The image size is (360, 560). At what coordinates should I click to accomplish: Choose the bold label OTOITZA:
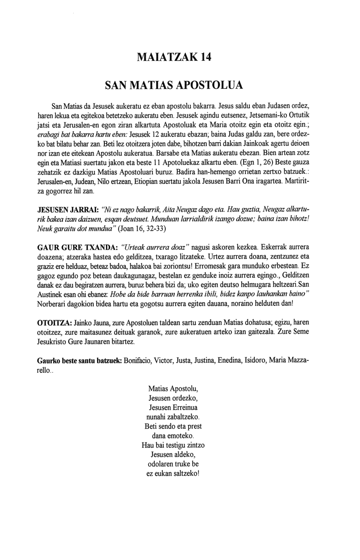tap(54, 323)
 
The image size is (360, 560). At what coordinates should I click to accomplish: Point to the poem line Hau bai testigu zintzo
tap(173, 445)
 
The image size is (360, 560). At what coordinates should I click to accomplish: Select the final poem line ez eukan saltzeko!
tap(173, 474)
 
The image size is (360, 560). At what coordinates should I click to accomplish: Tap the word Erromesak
tap(227, 266)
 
